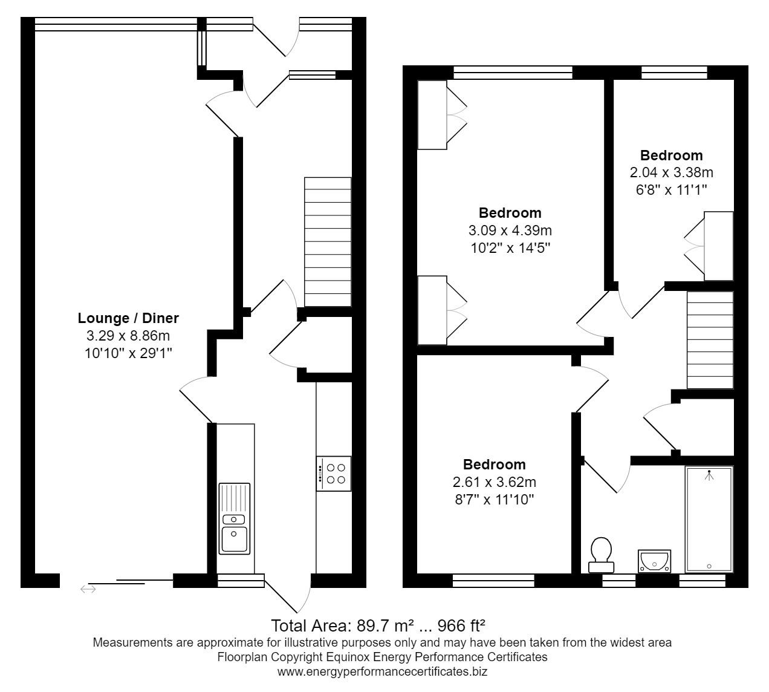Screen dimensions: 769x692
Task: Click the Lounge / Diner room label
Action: [128, 318]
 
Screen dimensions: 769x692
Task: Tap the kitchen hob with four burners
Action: [334, 474]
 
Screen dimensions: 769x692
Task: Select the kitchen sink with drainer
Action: [234, 518]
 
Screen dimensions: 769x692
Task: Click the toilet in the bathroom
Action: [601, 555]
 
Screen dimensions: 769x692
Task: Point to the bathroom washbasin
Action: [654, 561]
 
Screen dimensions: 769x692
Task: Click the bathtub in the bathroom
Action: [709, 520]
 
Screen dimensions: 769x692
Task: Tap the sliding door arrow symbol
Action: [88, 589]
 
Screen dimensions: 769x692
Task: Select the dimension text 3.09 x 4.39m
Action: [510, 230]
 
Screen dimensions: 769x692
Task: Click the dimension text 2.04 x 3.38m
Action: [671, 172]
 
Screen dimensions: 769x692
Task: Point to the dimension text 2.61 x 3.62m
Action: [494, 482]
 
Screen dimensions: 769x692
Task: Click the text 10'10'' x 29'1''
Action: [128, 353]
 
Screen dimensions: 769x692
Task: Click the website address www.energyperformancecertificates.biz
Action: [382, 671]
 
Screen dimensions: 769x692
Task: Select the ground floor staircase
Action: [328, 242]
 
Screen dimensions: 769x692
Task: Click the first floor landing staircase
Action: [710, 340]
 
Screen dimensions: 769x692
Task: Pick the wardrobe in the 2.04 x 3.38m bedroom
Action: [718, 246]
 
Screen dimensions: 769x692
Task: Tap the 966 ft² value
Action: [461, 625]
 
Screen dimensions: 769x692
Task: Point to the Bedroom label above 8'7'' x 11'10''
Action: [494, 465]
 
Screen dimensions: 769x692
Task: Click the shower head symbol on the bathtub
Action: [709, 475]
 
